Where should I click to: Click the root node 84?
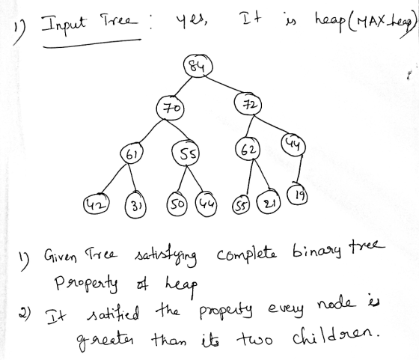click(x=198, y=66)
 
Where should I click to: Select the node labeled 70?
click(x=171, y=109)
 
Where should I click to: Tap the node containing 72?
click(x=248, y=104)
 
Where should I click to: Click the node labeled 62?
click(x=248, y=149)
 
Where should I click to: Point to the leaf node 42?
click(x=97, y=204)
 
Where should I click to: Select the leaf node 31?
click(x=135, y=205)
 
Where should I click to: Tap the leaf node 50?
click(x=177, y=204)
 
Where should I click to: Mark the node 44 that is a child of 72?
click(x=293, y=144)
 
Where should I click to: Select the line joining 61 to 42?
click(x=113, y=179)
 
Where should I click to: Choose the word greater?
click(x=105, y=339)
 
